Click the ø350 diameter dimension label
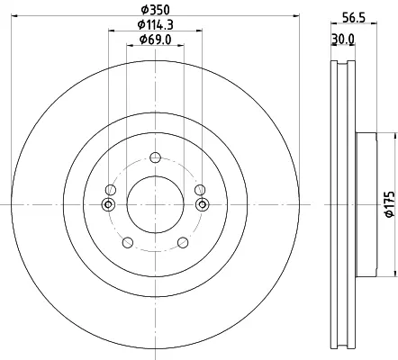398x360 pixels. pos(156,10)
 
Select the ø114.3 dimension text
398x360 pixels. pos(156,25)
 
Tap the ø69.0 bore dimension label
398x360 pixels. pos(156,40)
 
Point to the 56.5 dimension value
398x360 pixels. pos(354,18)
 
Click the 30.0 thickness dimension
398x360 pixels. pos(343,39)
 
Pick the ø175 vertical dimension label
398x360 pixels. pos(390,204)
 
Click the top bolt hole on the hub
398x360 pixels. pos(155,157)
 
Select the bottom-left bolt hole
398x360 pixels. pos(128,242)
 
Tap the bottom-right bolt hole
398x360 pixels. pos(183,242)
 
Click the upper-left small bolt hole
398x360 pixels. pos(111,190)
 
